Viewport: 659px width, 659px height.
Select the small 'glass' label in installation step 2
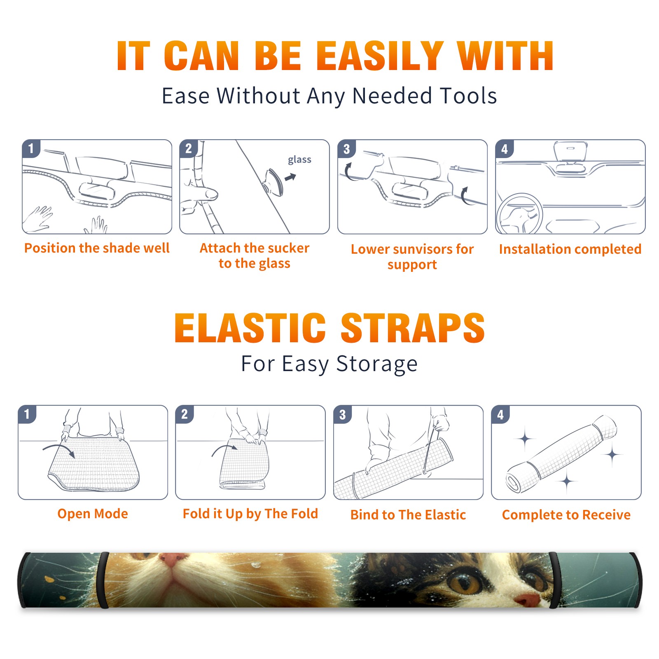point(299,160)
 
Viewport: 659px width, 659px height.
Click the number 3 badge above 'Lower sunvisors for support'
point(346,149)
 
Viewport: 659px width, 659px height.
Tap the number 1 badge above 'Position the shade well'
point(31,148)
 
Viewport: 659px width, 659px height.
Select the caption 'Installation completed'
point(570,249)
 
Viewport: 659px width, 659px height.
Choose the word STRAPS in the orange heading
point(413,328)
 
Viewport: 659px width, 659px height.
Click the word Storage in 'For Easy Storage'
point(377,364)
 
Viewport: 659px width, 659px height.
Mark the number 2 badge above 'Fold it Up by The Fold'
point(185,414)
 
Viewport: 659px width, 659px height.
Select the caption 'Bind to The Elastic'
point(408,514)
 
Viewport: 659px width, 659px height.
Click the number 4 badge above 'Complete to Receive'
point(500,414)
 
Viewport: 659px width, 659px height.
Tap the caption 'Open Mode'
point(93,513)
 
